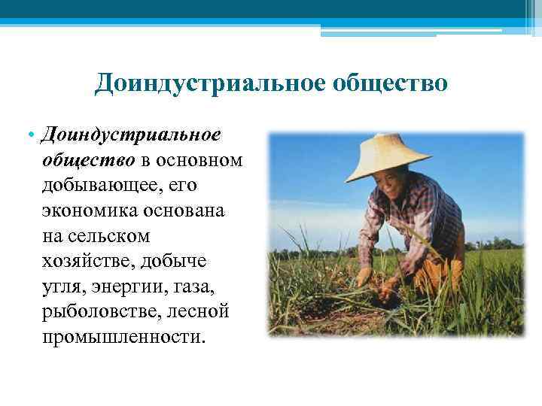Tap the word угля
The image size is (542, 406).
63,285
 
